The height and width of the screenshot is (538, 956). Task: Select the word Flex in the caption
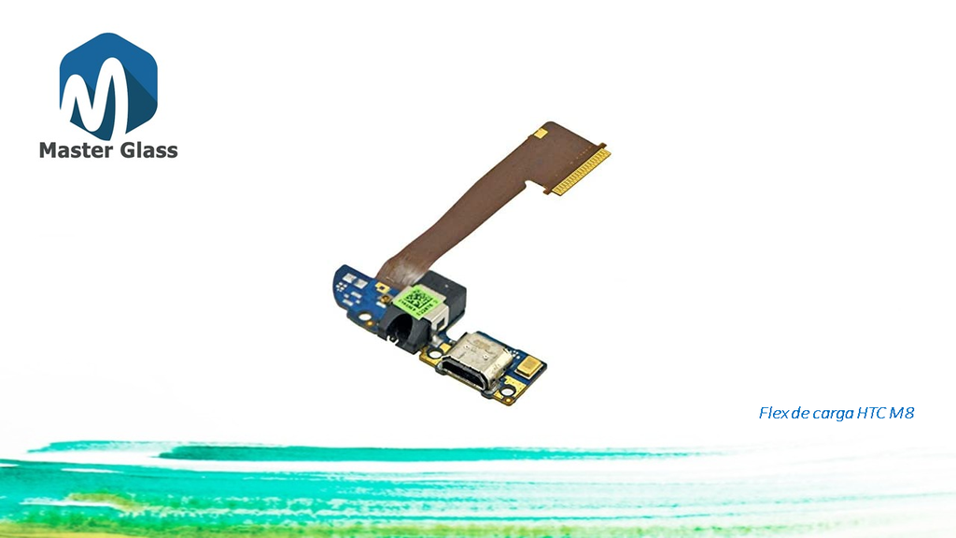773,413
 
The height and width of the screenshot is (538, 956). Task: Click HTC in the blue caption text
871,413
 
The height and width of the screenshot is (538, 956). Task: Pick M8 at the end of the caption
902,413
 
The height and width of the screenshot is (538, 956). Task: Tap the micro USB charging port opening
467,374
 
